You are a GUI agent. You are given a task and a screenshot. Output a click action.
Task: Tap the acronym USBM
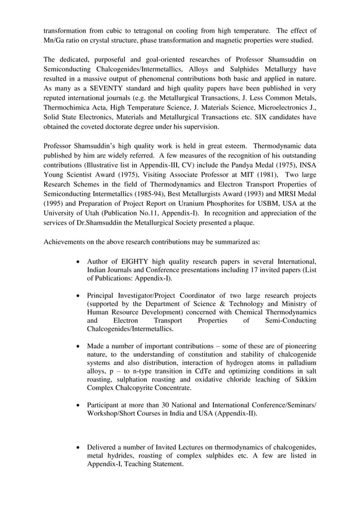click(x=256, y=201)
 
